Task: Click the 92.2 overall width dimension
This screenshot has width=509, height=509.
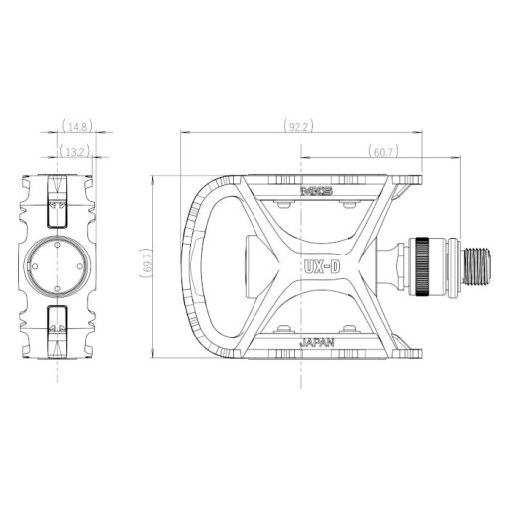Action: click(x=298, y=126)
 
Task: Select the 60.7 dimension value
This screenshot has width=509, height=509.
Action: click(x=383, y=152)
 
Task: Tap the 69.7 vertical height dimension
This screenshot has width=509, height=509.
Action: click(x=147, y=262)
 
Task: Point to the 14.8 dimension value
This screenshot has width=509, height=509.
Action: click(x=77, y=126)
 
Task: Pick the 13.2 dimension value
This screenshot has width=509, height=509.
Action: click(x=75, y=152)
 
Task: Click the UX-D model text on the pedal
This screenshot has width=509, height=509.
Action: click(x=322, y=266)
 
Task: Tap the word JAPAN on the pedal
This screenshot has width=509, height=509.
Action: click(x=317, y=343)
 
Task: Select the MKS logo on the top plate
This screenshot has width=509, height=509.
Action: click(x=317, y=191)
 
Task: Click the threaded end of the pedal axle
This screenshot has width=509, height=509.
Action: click(x=477, y=266)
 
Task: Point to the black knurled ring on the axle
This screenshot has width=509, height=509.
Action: click(x=422, y=266)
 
